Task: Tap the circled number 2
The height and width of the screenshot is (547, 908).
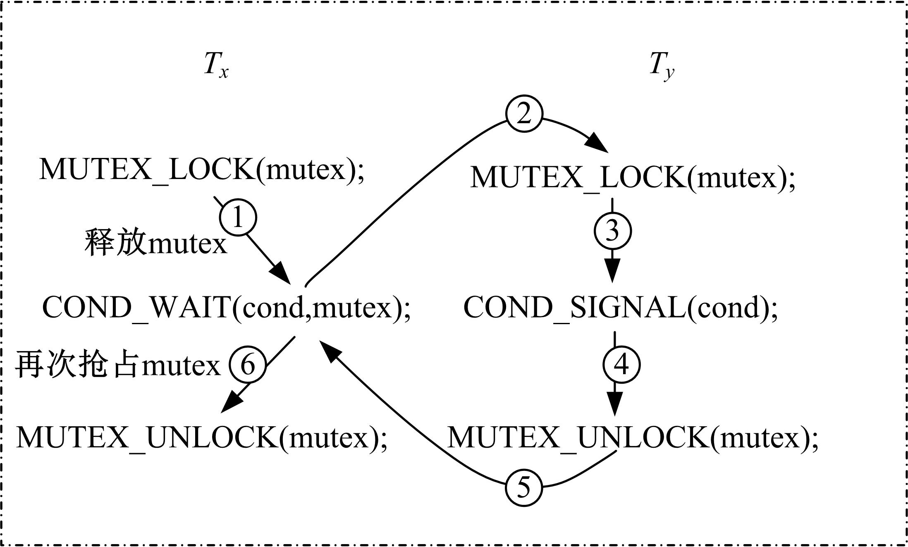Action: click(524, 114)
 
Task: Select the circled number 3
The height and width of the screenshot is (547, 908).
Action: click(612, 231)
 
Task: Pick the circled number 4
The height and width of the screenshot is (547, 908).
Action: click(621, 365)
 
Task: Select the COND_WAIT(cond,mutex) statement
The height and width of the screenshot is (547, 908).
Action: click(227, 308)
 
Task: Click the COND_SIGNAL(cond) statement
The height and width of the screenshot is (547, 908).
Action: click(620, 308)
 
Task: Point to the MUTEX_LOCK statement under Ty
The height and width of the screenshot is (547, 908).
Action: click(633, 178)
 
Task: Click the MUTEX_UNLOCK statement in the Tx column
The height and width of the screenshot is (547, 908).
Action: click(202, 437)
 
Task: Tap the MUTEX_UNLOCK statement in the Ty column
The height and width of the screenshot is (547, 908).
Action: click(633, 437)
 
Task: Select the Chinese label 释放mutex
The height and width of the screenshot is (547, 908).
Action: click(156, 243)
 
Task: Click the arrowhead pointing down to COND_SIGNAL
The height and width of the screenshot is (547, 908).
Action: click(612, 271)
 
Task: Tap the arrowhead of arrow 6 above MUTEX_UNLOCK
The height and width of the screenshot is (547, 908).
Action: click(231, 403)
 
